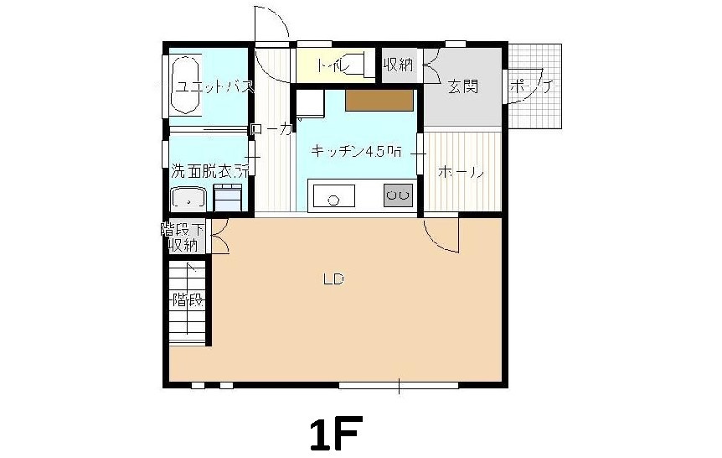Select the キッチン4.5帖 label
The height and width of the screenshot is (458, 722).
[356, 152]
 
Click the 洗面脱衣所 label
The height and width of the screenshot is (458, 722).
[210, 171]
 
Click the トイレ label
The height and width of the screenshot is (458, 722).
[333, 65]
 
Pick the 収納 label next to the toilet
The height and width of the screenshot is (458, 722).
[399, 64]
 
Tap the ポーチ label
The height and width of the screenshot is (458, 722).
[530, 86]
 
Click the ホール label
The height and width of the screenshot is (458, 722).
[460, 173]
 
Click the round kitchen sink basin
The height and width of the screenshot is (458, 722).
[333, 200]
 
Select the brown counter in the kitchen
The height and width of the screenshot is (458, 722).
[379, 100]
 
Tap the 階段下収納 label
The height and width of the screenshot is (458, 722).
[183, 237]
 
